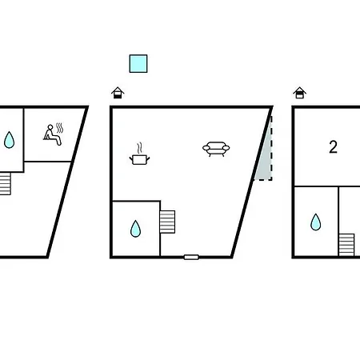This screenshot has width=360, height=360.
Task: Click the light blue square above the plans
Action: tap(138, 63)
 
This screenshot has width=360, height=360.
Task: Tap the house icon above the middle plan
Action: tap(118, 93)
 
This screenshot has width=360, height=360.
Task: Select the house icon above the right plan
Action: tap(300, 93)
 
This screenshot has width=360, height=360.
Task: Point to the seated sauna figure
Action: tap(53, 135)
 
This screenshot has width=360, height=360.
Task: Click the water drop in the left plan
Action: tap(9, 140)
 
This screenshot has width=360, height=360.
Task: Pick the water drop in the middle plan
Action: tap(135, 229)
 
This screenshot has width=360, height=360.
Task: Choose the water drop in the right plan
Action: tap(316, 222)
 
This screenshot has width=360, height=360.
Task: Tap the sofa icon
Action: tap(216, 149)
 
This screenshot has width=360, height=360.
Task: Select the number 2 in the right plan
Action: tap(333, 147)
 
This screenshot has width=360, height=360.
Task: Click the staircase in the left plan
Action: tap(5, 183)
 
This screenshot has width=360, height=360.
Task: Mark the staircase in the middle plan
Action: tap(167, 222)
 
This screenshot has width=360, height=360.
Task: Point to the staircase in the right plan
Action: tap(346, 245)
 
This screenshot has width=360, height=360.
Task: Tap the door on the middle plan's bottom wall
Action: tap(191, 257)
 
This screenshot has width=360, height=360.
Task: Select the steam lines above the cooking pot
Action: tap(139, 148)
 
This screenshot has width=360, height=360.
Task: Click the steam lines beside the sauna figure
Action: tap(60, 128)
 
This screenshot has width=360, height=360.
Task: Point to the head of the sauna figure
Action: tap(50, 127)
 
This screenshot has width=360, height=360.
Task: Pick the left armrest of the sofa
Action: tap(206, 148)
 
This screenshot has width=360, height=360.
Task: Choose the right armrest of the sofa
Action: tap(226, 148)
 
